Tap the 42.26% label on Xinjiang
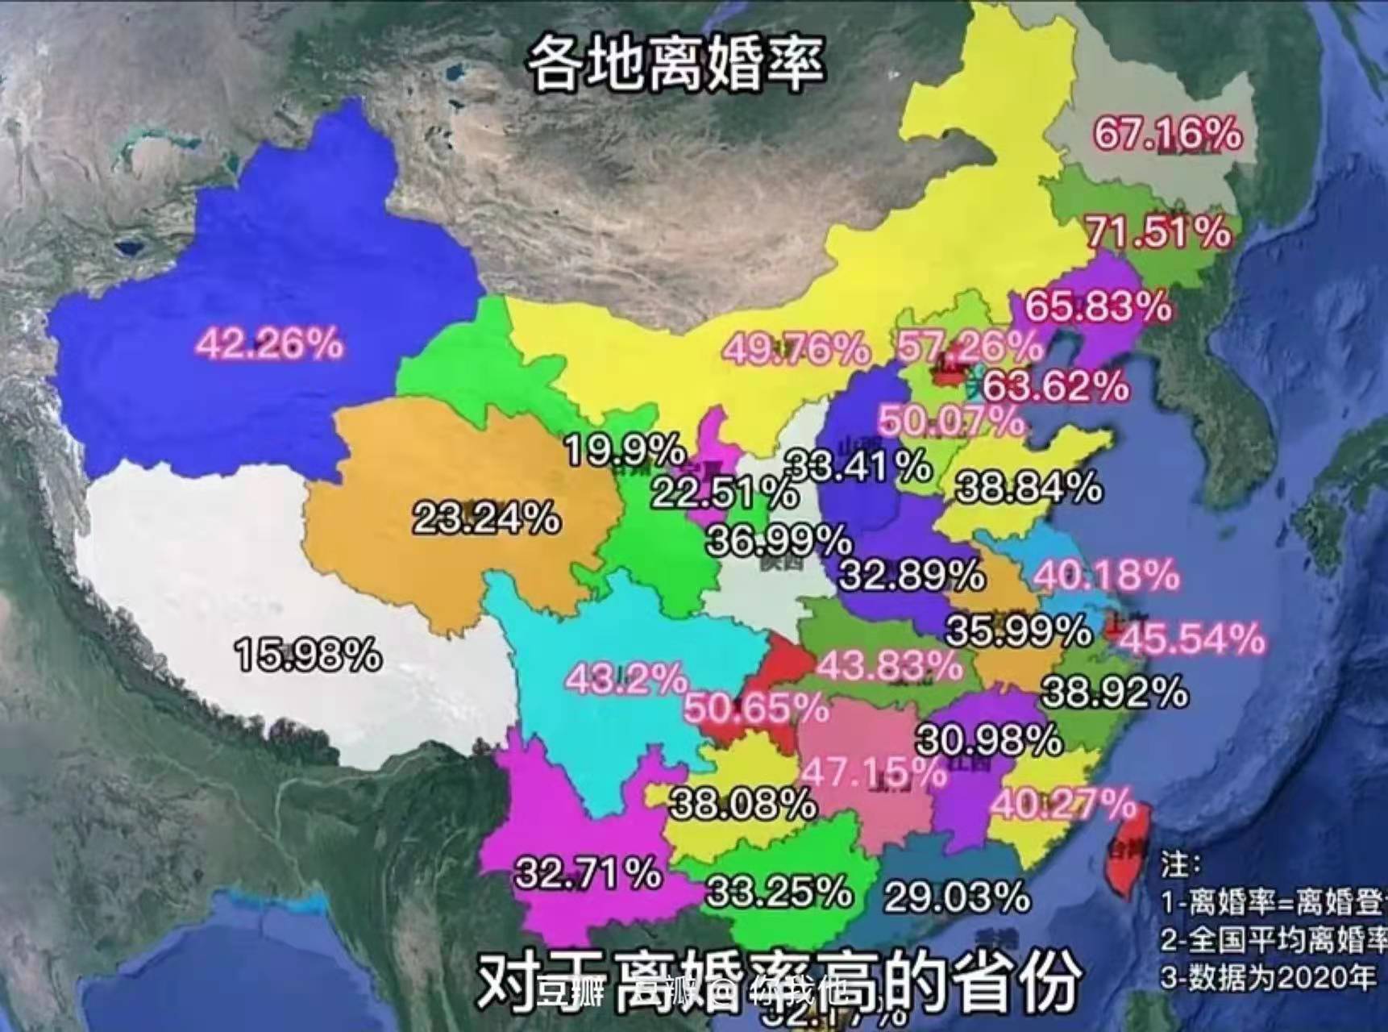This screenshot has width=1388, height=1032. (270, 343)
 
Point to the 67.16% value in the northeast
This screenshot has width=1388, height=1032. (1166, 133)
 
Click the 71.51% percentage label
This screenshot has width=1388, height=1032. (1158, 232)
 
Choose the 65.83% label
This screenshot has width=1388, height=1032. (1097, 306)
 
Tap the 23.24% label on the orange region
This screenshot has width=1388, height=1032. (486, 518)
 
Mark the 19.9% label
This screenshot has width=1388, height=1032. (625, 449)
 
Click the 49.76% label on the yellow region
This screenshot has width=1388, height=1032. (796, 349)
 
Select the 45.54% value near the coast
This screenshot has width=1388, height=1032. (1191, 639)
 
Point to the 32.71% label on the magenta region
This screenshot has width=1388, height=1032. (588, 873)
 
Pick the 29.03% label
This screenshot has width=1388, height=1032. (957, 896)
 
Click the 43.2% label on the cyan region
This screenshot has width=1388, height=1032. (625, 679)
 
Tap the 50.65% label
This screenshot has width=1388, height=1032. (755, 709)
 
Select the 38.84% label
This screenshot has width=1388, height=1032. (1028, 488)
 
